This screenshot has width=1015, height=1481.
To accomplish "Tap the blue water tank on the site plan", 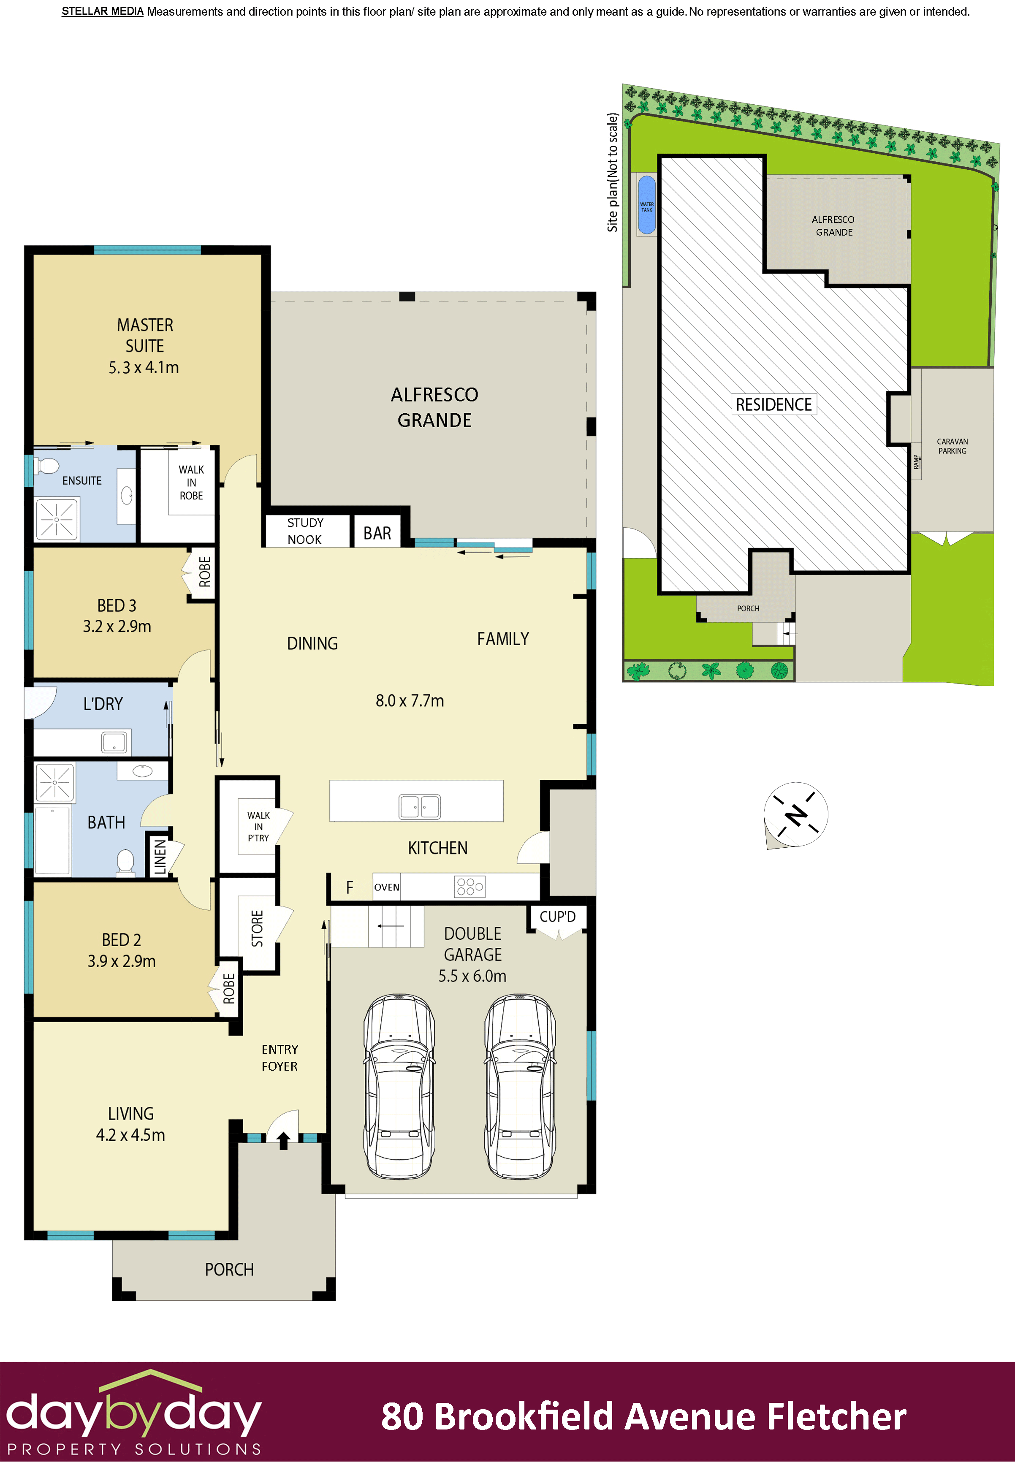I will pos(647,205).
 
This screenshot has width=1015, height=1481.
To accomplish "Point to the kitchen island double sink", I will pos(419,806).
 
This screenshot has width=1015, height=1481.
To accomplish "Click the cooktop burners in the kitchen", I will pos(470,887).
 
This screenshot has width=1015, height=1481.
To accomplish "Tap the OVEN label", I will pos(387,887).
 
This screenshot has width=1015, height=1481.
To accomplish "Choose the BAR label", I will pos(377,533).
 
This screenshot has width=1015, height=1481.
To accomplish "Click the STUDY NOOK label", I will pos(305,531).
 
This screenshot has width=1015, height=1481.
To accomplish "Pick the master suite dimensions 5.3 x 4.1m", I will pos(144,368).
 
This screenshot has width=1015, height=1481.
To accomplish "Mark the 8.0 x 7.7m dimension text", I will pos(410,700).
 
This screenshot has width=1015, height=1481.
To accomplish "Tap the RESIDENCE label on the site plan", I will pos(773,405).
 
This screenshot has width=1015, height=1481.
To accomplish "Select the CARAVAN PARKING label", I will pos(952,446).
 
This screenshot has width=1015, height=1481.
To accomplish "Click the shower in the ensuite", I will pos(57,519).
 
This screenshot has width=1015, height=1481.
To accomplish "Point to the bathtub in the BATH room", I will pos(52,840).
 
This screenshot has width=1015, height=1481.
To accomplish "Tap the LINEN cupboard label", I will pos(160,856).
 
